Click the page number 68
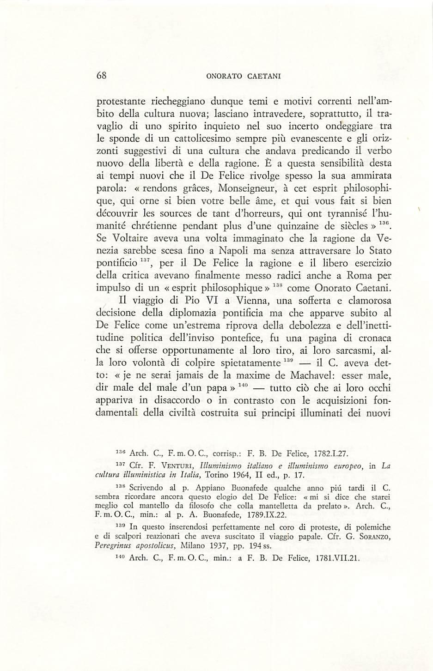(101, 77)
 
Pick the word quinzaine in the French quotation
(296, 226)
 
